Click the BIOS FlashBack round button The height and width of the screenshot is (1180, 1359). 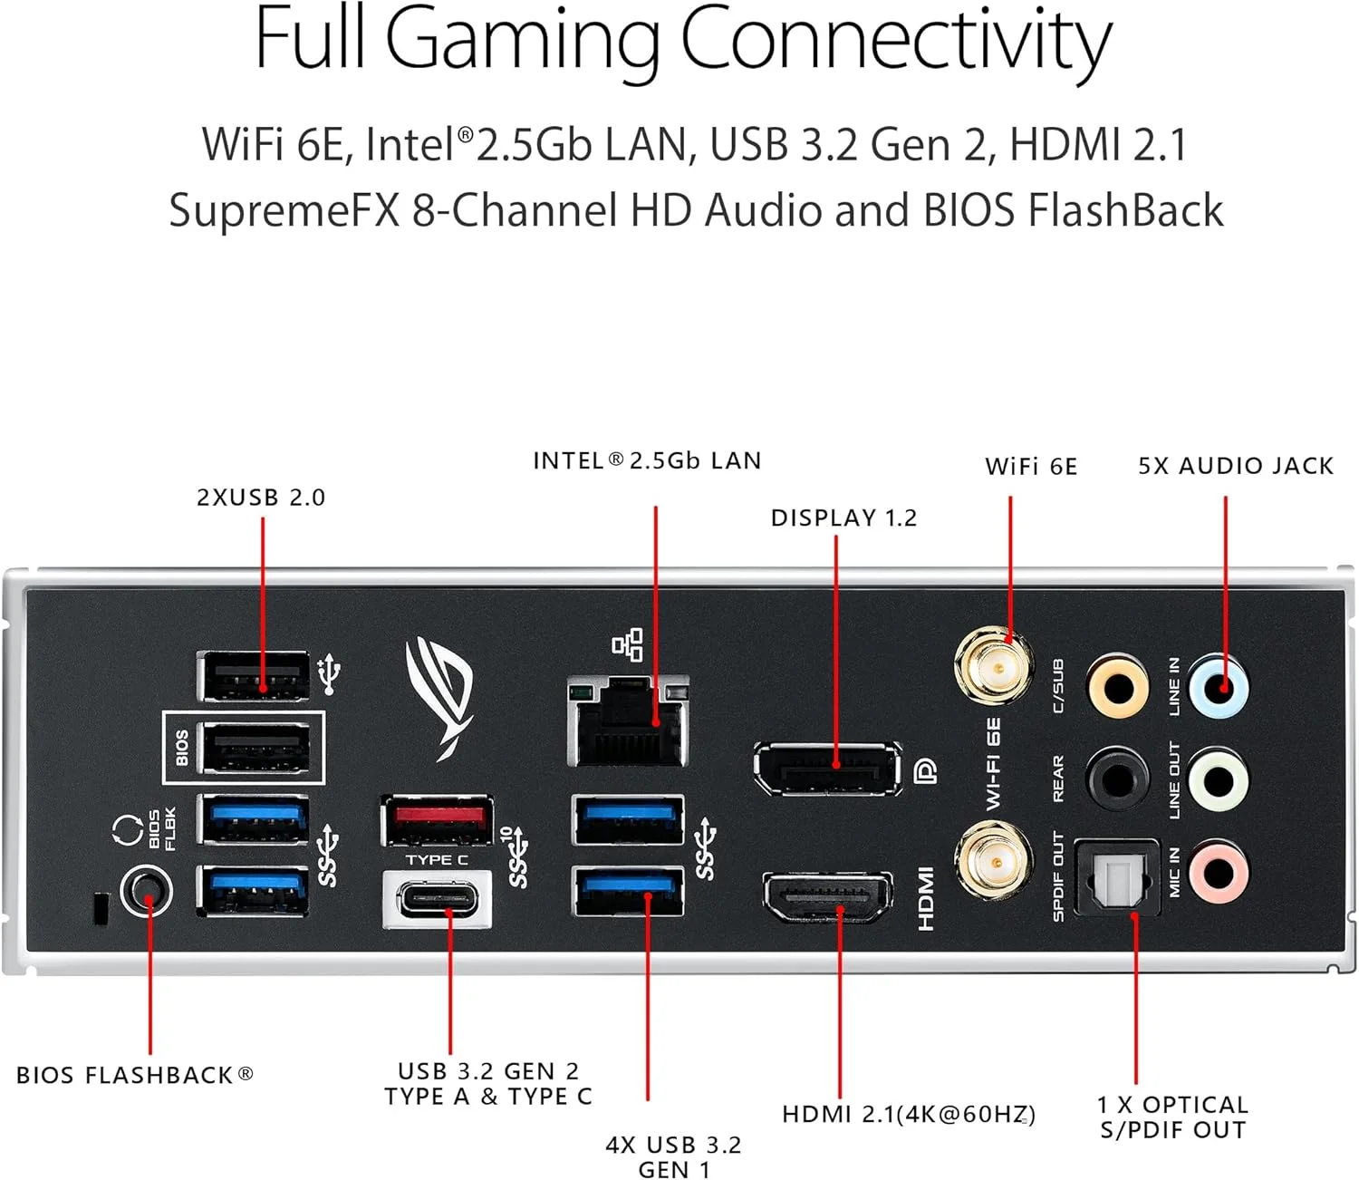(x=147, y=893)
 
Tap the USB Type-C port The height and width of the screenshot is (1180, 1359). (x=438, y=899)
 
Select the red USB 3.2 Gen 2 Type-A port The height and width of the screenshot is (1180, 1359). (x=438, y=819)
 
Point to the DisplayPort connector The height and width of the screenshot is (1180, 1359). (x=827, y=769)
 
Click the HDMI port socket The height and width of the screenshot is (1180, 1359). (x=827, y=896)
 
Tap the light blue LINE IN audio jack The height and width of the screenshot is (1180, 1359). (x=1219, y=687)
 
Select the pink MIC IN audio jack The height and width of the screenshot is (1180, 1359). (x=1219, y=873)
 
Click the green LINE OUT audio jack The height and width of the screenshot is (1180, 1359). (x=1219, y=779)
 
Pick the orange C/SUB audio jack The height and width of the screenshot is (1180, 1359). (x=1119, y=687)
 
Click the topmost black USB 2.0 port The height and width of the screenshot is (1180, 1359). (x=254, y=676)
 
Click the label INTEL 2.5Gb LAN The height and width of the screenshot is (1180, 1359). (x=647, y=460)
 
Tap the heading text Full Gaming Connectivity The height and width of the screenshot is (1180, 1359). (x=682, y=40)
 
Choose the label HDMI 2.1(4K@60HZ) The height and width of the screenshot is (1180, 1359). (x=908, y=1114)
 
